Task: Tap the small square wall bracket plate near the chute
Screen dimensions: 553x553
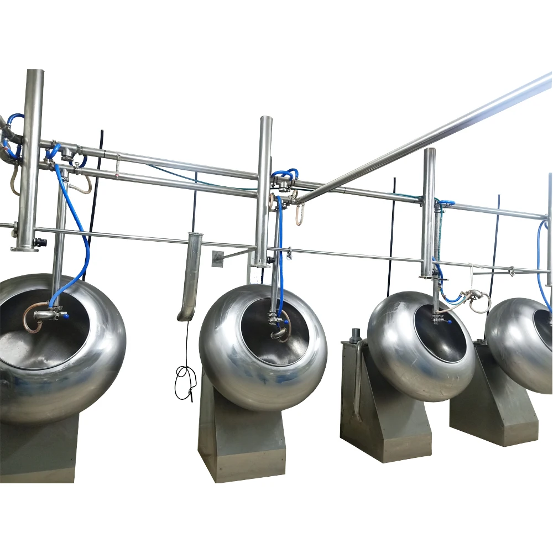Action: pos(217,258)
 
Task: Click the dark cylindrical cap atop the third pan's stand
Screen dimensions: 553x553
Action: pos(356,335)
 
